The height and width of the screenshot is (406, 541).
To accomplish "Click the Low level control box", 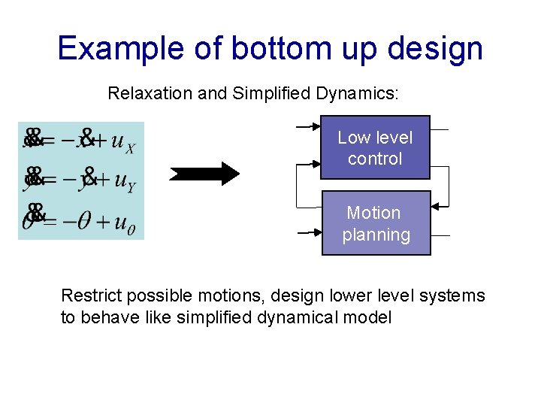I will (375, 147).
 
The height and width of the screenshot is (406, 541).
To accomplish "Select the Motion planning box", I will (376, 223).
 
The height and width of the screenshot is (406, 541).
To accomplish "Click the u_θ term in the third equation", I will (125, 223).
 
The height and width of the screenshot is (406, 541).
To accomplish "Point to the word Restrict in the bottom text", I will (87, 295).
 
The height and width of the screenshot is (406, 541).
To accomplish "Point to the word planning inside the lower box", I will (376, 235).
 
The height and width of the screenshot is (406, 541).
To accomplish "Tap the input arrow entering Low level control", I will (309, 127).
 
